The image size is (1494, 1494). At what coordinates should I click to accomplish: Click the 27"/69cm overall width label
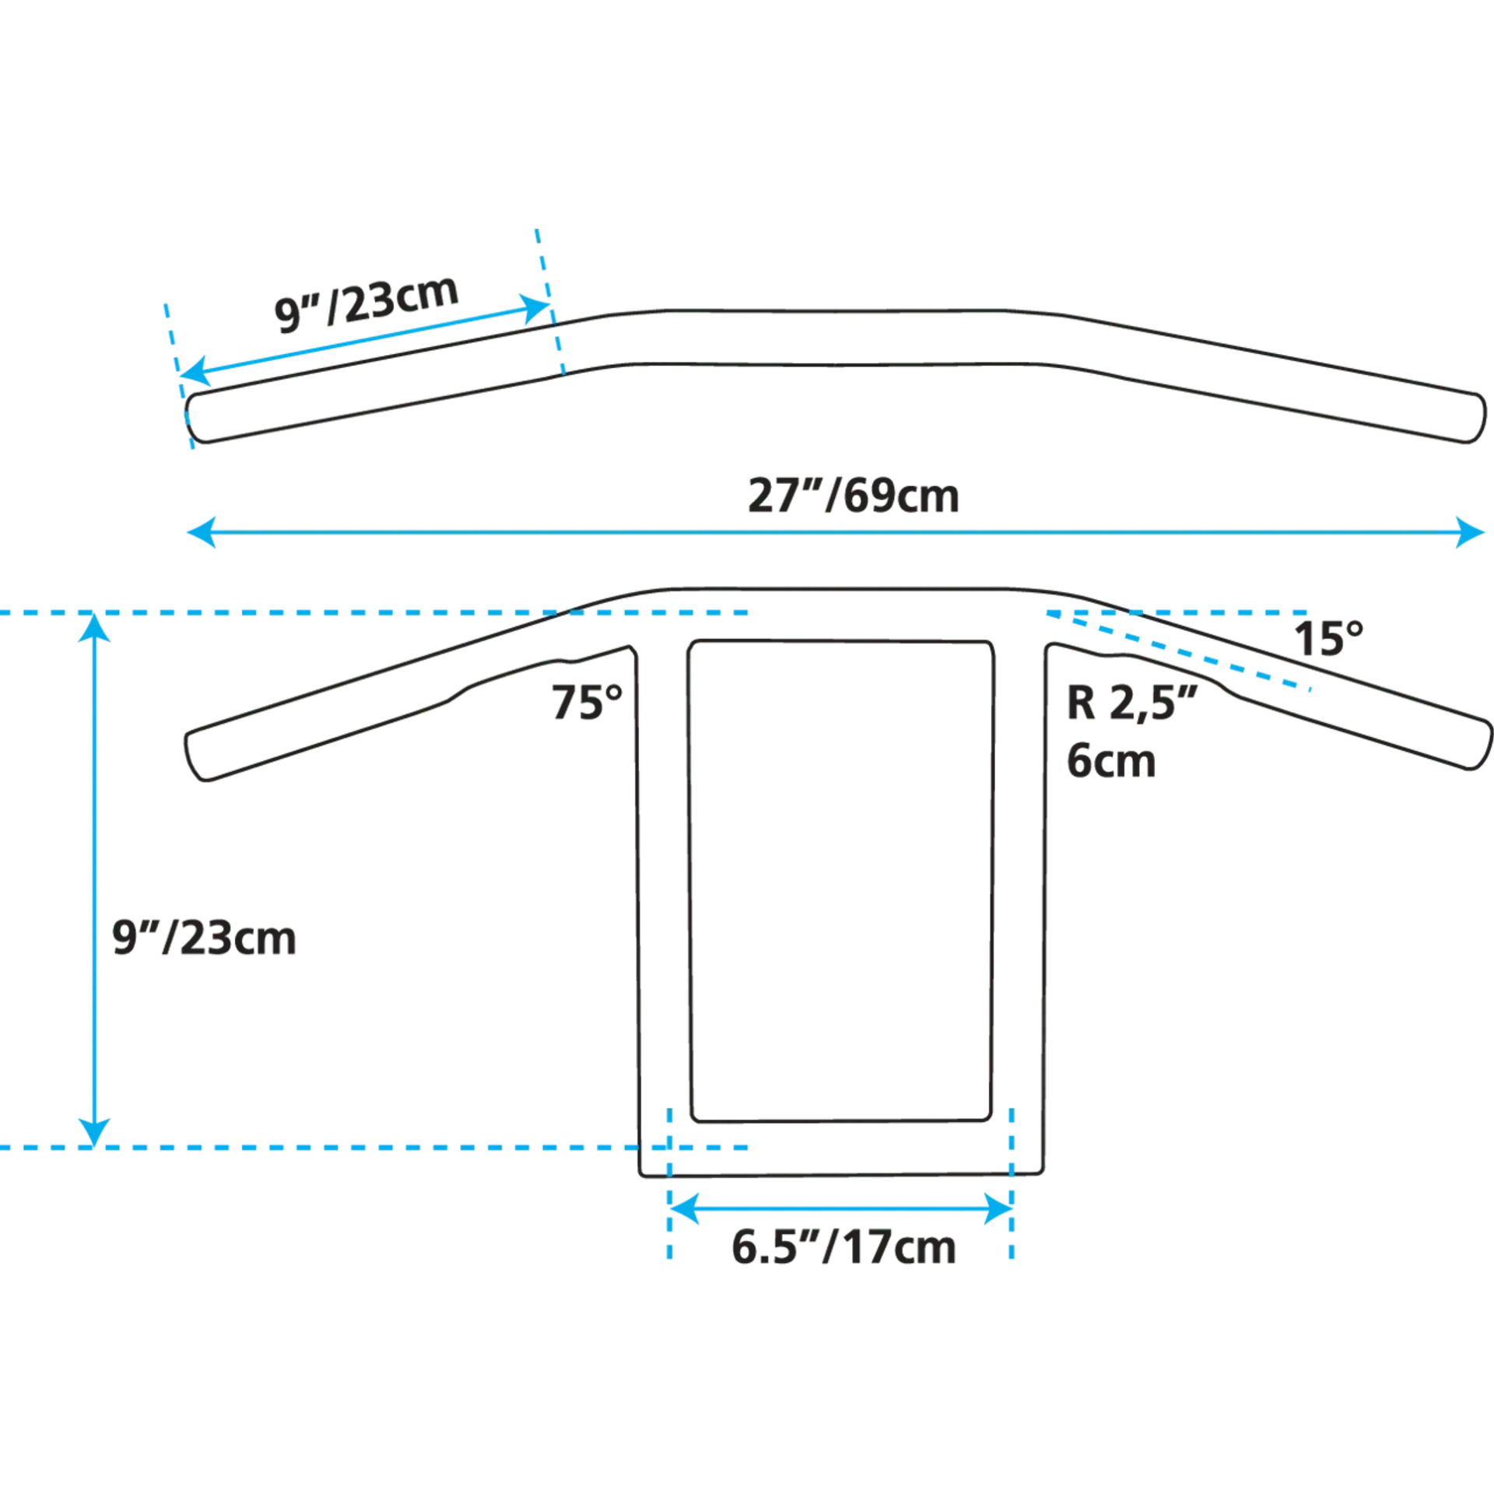854,496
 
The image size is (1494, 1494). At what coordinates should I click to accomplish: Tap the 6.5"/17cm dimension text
843,1247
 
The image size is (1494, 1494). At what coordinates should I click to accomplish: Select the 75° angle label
587,702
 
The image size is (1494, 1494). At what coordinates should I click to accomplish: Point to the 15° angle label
1329,639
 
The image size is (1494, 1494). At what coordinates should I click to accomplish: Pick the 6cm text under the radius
1111,761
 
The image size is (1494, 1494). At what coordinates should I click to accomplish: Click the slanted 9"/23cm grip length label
366,303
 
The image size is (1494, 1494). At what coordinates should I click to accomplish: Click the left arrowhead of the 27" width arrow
201,533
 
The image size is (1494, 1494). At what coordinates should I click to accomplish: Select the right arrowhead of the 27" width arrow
1470,533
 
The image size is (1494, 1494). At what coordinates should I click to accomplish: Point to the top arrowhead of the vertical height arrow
94,627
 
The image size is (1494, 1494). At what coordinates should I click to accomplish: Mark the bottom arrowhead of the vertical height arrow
94,1132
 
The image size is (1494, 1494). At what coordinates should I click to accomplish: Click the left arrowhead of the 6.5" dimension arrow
684,1208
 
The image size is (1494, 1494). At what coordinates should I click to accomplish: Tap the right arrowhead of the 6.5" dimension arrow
998,1208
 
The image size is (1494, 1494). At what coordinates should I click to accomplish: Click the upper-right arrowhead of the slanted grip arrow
535,308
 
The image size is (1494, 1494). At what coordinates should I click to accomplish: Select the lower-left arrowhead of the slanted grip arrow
195,372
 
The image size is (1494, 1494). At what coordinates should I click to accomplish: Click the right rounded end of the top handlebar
1476,419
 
